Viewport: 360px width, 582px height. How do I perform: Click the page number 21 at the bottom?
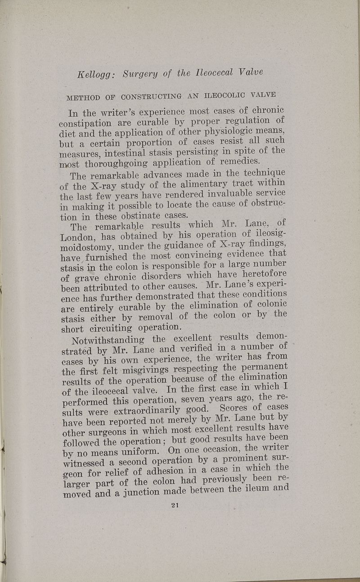pos(175,505)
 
